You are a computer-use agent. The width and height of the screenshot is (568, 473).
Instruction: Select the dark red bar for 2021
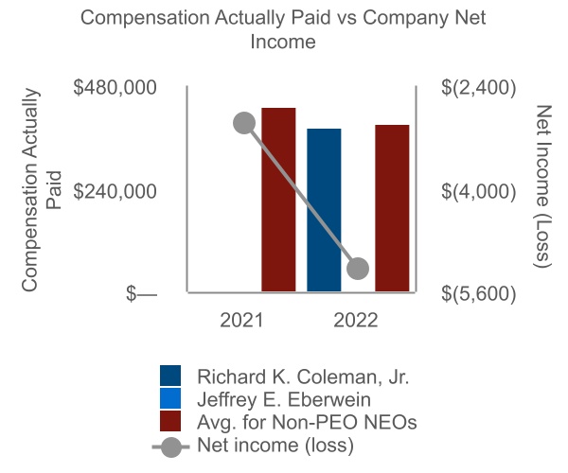278,201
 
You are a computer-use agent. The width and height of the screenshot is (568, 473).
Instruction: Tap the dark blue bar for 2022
325,211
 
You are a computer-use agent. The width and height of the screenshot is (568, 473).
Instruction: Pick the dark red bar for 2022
392,209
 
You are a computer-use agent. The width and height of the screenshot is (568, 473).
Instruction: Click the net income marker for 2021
244,123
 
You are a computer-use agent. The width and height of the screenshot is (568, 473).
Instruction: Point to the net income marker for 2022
357,269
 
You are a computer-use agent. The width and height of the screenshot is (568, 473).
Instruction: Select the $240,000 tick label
115,190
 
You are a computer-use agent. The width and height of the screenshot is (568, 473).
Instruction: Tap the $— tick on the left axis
142,294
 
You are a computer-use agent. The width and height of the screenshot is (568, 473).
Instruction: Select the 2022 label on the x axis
356,320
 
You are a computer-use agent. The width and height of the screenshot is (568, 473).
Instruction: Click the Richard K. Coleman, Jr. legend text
303,376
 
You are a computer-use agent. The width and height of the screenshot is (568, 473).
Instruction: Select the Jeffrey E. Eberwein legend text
289,398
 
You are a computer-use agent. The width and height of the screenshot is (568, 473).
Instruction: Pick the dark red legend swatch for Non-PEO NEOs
170,421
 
